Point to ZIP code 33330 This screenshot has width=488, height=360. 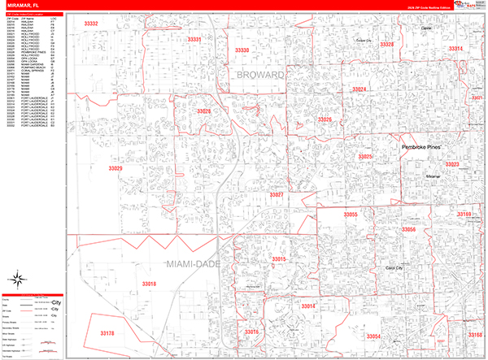tap(242, 50)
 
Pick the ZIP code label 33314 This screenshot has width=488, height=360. tap(455, 49)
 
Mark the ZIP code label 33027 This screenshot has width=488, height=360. tap(277, 195)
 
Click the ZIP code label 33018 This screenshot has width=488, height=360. tap(149, 284)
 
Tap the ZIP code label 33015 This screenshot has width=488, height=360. tap(279, 259)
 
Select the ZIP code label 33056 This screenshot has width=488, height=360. tap(409, 230)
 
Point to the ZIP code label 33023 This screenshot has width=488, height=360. tap(452, 165)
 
